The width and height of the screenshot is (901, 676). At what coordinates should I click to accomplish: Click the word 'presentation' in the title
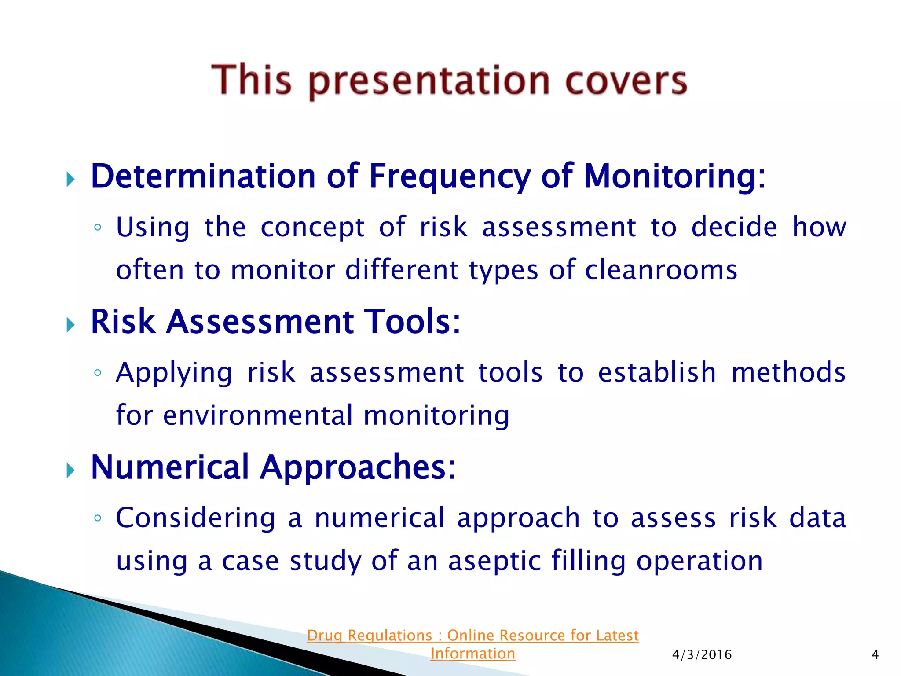(x=429, y=81)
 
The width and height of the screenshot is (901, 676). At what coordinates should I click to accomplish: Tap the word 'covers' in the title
(x=626, y=81)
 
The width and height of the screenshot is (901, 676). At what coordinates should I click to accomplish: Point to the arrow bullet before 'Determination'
(x=70, y=179)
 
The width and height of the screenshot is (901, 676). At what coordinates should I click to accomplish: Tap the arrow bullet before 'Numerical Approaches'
(x=70, y=470)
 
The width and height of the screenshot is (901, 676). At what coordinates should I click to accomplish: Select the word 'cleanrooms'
(x=661, y=270)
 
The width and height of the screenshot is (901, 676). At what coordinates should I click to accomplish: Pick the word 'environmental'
(x=258, y=415)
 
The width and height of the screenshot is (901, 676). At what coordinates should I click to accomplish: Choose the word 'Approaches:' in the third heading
(x=358, y=467)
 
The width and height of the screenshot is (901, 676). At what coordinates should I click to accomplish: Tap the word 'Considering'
(x=196, y=518)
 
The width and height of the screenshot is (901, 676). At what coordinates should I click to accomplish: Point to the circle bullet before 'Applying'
(x=98, y=373)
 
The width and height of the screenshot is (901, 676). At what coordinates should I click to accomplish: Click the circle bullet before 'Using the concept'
(x=98, y=228)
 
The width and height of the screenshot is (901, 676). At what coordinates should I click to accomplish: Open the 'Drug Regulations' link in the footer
(x=472, y=636)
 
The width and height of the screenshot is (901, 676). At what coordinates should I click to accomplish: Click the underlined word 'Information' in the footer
(x=472, y=654)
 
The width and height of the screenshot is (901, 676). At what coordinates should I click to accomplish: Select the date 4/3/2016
(x=702, y=655)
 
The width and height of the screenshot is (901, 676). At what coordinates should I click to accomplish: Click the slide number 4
(x=875, y=655)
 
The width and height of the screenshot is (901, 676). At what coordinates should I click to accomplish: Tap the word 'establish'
(x=657, y=373)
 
